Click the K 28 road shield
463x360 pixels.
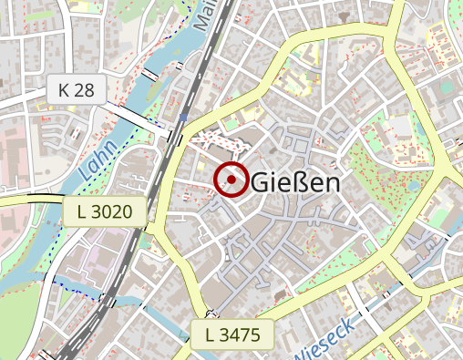pyautogui.click(x=77, y=89)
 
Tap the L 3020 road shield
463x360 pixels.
pyautogui.click(x=105, y=212)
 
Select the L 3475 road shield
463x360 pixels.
pyautogui.click(x=232, y=334)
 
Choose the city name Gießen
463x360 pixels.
pyautogui.click(x=294, y=181)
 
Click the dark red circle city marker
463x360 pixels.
pyautogui.click(x=231, y=180)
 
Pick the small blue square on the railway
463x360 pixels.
pyautogui.click(x=184, y=118)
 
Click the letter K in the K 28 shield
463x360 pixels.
pyautogui.click(x=64, y=89)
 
